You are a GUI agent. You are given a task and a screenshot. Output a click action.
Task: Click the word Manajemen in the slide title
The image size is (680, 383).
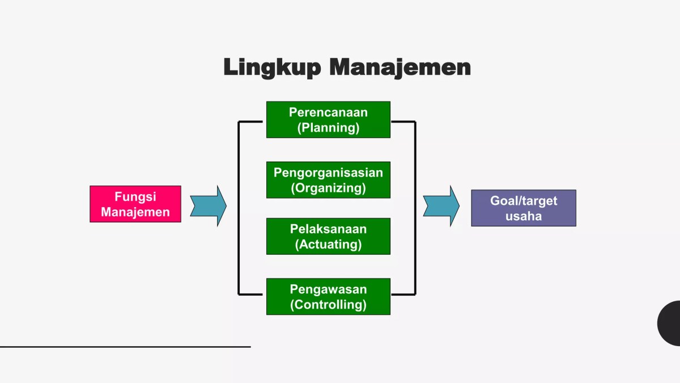[400, 67]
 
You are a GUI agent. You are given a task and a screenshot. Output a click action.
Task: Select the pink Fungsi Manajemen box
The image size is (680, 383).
[135, 204]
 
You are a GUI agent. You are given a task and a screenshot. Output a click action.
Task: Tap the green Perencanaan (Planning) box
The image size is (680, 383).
[328, 120]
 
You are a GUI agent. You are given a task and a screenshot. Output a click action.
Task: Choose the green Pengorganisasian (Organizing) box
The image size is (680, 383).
[328, 180]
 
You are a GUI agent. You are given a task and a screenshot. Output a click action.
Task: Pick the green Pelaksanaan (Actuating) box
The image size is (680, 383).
[328, 237]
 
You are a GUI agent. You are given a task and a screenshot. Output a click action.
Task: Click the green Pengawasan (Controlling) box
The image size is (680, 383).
[328, 297]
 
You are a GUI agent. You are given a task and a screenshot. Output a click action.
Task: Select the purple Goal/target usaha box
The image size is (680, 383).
[523, 208]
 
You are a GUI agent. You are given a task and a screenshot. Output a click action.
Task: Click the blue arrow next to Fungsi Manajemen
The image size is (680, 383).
[208, 205]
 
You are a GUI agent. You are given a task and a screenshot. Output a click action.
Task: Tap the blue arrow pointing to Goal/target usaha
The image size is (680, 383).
[441, 205]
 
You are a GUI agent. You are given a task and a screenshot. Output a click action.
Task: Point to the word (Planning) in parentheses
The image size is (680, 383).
[328, 128]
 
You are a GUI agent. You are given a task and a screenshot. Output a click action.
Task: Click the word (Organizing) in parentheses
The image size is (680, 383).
[328, 188]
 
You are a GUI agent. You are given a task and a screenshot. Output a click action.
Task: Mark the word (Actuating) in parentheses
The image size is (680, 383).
[328, 245]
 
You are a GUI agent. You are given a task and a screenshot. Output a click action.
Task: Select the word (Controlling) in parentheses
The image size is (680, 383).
[328, 305]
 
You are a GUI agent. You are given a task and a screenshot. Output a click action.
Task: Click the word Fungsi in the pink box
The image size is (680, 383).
[135, 197]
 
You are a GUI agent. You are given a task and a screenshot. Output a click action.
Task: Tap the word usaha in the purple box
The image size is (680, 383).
[523, 216]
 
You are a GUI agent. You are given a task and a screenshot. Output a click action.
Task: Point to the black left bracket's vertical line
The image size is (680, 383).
[239, 208]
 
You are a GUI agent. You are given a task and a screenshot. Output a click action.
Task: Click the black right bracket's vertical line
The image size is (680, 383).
[415, 208]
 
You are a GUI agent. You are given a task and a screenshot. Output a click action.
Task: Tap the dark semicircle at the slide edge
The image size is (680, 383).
[670, 323]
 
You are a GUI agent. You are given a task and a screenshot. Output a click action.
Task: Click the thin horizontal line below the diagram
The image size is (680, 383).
[125, 346]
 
